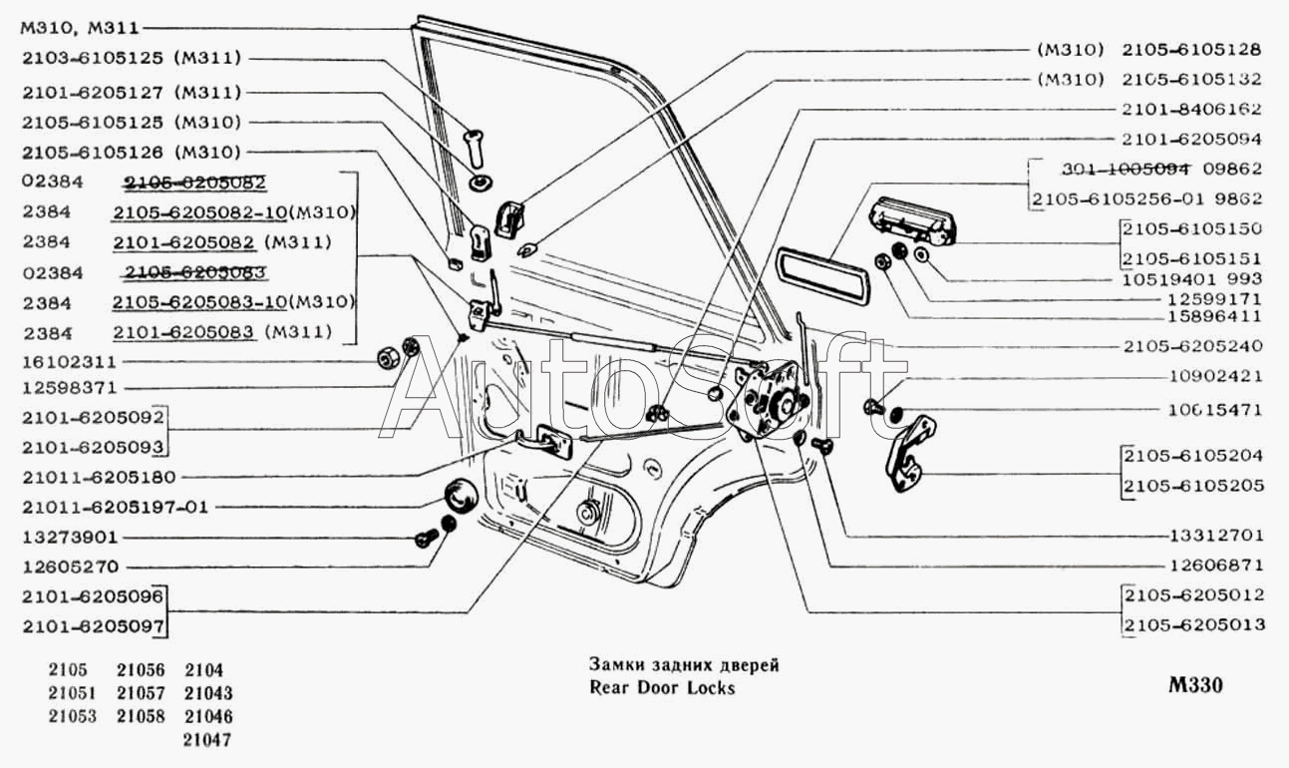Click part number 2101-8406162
click(1192, 110)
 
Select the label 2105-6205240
click(1192, 346)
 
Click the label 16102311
click(69, 361)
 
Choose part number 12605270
click(69, 567)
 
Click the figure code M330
click(1196, 686)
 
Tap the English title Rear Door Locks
click(661, 688)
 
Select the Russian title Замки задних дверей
click(683, 664)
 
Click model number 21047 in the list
click(208, 740)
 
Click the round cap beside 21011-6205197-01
click(460, 496)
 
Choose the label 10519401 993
click(1192, 278)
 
